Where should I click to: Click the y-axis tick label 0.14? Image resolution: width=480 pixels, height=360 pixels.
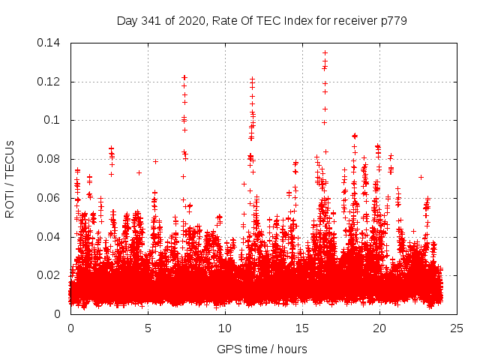50,43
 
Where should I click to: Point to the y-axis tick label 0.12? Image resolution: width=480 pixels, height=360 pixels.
50,82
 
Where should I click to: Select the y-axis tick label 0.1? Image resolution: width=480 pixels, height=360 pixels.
54,121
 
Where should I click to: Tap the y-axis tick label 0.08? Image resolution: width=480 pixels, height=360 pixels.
50,159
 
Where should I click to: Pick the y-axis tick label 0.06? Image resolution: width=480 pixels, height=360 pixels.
50,198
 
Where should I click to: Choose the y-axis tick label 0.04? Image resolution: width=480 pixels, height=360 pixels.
50,237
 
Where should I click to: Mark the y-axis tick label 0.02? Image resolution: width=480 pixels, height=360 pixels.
50,276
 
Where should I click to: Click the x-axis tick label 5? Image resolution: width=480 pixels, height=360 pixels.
148,328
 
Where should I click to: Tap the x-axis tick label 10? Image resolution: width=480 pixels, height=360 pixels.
225,328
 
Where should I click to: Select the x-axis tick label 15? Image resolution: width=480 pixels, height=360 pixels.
302,328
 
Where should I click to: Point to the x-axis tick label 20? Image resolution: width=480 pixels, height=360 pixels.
379,328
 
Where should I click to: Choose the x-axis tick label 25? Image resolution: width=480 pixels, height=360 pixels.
457,328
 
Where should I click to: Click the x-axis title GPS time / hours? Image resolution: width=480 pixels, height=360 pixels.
262,349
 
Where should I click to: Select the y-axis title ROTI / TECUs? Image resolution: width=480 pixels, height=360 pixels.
10,178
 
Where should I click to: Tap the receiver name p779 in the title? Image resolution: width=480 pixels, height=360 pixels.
393,20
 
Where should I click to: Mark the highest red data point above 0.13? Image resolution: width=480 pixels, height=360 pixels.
325,52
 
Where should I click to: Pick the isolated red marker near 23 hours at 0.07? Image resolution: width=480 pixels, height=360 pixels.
421,177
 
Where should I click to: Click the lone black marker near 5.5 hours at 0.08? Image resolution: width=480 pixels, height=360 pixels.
155,161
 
